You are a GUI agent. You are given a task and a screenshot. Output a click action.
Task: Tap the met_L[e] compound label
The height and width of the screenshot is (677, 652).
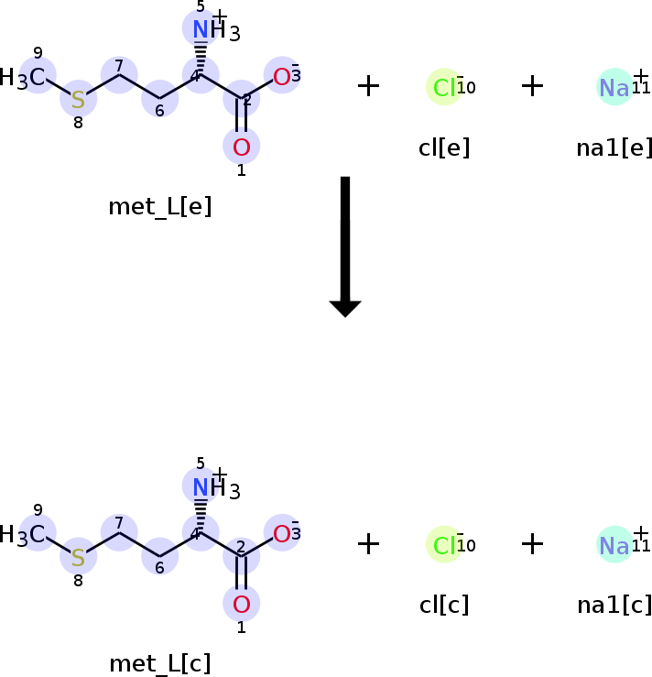(x=160, y=206)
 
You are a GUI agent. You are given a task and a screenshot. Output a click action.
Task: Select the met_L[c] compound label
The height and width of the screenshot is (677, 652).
(x=160, y=663)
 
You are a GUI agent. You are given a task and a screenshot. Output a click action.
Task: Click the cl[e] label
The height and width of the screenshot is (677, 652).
(x=444, y=147)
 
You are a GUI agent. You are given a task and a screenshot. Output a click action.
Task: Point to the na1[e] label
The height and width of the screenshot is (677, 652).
(x=614, y=147)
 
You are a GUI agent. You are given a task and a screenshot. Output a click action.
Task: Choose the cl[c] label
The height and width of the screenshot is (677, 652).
(x=444, y=606)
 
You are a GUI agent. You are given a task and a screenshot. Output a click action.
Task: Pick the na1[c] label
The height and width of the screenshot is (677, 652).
(x=614, y=606)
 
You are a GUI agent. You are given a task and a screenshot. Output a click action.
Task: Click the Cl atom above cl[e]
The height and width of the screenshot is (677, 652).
(x=444, y=87)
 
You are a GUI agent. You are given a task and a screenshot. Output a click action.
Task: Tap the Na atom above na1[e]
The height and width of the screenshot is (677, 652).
(x=614, y=87)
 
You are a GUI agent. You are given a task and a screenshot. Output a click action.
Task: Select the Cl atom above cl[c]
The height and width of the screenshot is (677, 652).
(x=444, y=545)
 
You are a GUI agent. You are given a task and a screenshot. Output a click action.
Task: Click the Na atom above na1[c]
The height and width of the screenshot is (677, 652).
(x=614, y=545)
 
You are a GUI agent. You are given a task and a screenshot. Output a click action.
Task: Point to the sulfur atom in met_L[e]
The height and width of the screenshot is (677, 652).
(x=78, y=98)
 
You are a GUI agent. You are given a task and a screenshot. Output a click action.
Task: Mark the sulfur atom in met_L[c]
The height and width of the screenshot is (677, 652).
(x=78, y=556)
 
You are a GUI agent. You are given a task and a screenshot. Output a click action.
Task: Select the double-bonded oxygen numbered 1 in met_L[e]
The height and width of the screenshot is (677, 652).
(x=242, y=147)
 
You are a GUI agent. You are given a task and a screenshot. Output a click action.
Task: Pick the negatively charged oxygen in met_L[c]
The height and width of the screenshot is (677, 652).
(x=282, y=534)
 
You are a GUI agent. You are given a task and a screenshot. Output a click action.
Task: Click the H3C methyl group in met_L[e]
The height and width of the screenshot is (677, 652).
(x=26, y=78)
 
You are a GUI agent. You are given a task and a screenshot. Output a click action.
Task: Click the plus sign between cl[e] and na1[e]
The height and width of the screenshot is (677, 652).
(x=532, y=86)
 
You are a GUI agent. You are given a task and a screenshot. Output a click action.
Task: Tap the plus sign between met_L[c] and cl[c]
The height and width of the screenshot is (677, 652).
(x=368, y=544)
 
